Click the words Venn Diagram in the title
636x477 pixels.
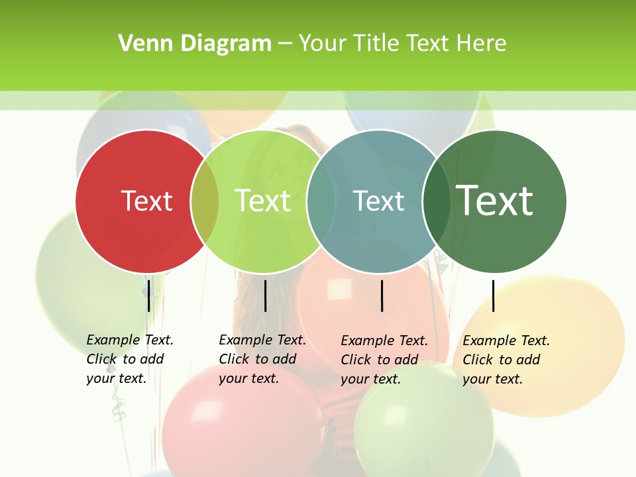195,44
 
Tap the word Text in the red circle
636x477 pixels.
146,201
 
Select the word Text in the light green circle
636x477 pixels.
262,201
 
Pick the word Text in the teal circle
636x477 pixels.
378,201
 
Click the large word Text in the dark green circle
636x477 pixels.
494,201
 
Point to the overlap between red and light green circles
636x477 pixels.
205,201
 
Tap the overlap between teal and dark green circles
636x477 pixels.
436,201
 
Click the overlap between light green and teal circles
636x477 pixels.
321,201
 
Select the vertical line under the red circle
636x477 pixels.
149,295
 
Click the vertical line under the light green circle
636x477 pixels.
265,295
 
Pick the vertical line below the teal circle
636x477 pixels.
382,295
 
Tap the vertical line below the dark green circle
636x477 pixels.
494,295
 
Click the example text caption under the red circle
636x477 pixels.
130,359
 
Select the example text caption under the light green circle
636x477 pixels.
262,359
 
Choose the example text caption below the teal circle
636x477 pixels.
384,360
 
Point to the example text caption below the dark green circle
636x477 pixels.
506,360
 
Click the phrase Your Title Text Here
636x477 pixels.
402,44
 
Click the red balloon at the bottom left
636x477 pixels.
219,424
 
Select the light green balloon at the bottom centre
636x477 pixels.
424,427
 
